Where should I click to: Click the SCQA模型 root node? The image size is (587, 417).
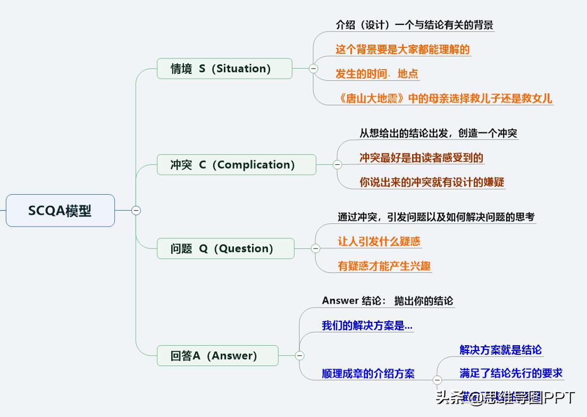pos(60,211)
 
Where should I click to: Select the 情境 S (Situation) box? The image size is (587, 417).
pos(224,69)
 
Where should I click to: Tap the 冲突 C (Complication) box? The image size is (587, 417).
pos(236,165)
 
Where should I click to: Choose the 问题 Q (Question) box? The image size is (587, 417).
pos(225,248)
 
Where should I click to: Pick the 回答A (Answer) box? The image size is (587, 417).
pos(217,356)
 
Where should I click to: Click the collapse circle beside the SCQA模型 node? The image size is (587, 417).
pos(136,211)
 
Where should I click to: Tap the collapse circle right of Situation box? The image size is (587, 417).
pos(313,69)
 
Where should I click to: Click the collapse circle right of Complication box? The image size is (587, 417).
pos(337,165)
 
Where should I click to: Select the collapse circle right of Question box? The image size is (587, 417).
pos(315,248)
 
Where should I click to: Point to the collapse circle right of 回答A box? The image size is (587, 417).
pos(300,356)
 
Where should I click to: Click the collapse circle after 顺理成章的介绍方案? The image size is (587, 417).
pos(437,380)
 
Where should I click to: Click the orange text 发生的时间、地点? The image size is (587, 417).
pos(377,74)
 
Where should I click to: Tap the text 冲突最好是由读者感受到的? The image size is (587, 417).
pos(421,157)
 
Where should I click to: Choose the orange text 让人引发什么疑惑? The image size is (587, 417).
pos(379,241)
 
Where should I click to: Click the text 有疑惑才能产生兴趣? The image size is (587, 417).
pos(384,266)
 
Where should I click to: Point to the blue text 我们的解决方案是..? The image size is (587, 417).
pos(367,326)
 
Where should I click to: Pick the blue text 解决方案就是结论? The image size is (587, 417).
pos(500,349)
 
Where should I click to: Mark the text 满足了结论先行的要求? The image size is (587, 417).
pos(511,373)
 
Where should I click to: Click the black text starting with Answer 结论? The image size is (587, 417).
pos(388,301)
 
